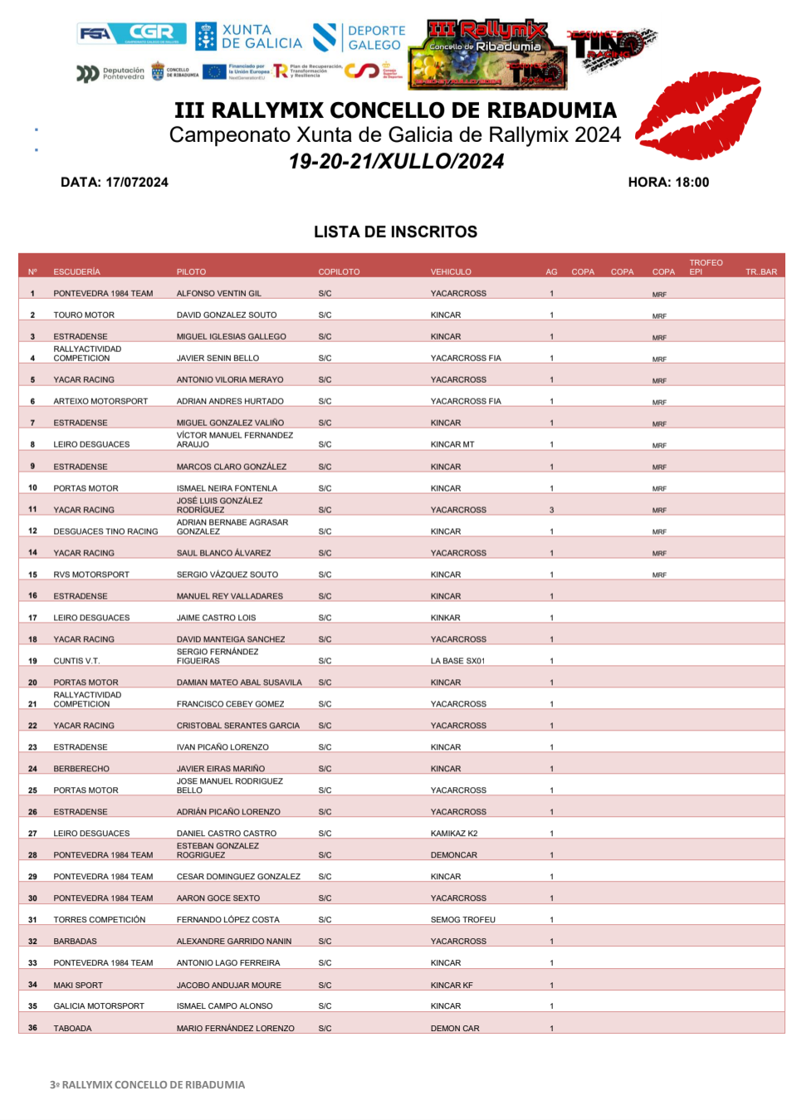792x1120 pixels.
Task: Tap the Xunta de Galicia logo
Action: [x=248, y=37]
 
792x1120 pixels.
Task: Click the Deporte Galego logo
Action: [x=359, y=37]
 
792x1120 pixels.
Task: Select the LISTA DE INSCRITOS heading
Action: [x=395, y=232]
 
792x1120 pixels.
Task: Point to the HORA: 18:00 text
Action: [x=668, y=182]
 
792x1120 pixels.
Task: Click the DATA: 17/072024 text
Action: [x=115, y=182]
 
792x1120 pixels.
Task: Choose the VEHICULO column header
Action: [x=451, y=271]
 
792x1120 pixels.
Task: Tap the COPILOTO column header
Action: [x=339, y=271]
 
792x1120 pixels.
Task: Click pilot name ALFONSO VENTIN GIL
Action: [x=218, y=293]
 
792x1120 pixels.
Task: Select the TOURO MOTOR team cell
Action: [x=84, y=315]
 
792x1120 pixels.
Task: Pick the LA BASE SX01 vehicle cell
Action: [x=457, y=661]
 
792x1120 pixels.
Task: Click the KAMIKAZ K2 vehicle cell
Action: [x=454, y=833]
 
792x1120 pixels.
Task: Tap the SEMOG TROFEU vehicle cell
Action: [x=462, y=919]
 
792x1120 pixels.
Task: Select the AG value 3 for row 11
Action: [x=551, y=510]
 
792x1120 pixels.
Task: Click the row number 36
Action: [x=32, y=1027]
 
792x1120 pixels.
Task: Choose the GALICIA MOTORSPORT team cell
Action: [x=99, y=1005]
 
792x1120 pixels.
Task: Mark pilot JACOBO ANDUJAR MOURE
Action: [x=228, y=985]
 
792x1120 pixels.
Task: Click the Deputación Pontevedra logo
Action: [x=110, y=74]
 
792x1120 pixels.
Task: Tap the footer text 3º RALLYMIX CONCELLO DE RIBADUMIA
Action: [x=147, y=1084]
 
